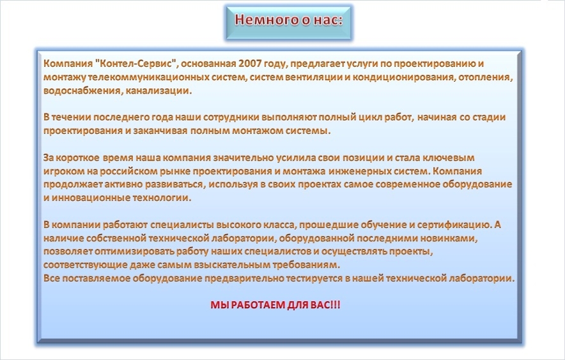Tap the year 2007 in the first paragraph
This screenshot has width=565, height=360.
point(249,63)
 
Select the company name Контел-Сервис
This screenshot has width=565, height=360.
point(135,63)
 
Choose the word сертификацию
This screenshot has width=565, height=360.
point(454,224)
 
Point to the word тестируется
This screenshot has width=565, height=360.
point(314,278)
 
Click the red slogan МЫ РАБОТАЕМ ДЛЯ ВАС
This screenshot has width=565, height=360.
point(275,305)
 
